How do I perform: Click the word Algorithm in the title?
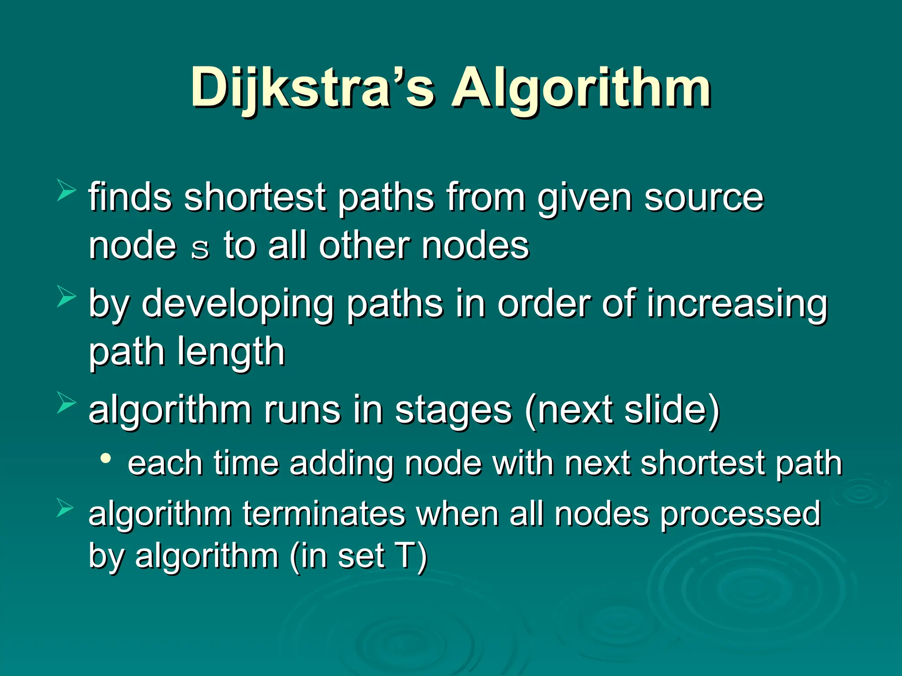click(580, 88)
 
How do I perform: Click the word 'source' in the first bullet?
click(703, 198)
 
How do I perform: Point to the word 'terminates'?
click(324, 514)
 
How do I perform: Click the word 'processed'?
click(740, 514)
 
